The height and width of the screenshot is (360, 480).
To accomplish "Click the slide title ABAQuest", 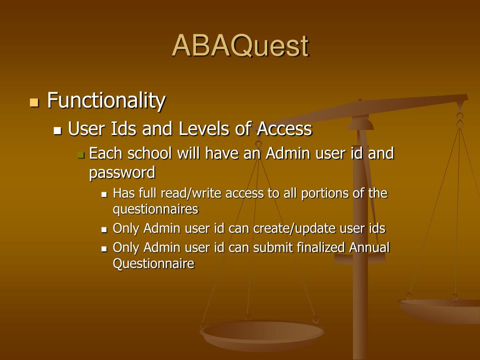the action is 240,46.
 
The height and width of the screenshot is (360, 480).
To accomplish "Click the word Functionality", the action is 106,100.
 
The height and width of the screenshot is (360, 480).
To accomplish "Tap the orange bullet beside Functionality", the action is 34,102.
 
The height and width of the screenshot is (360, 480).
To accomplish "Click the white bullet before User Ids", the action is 57,131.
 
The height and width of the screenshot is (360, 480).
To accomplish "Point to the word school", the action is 150,153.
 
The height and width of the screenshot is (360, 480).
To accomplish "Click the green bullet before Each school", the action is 81,155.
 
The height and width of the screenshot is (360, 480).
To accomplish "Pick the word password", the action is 122,173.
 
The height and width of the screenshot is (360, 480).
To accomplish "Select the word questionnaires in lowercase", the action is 156,210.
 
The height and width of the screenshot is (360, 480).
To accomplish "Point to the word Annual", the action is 369,247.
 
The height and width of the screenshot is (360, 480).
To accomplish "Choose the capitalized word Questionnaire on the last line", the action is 153,263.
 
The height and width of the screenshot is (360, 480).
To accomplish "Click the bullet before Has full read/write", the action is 105,195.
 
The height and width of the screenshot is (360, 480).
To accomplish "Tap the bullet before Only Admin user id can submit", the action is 105,249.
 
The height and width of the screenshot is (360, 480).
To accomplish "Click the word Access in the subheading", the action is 285,128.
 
